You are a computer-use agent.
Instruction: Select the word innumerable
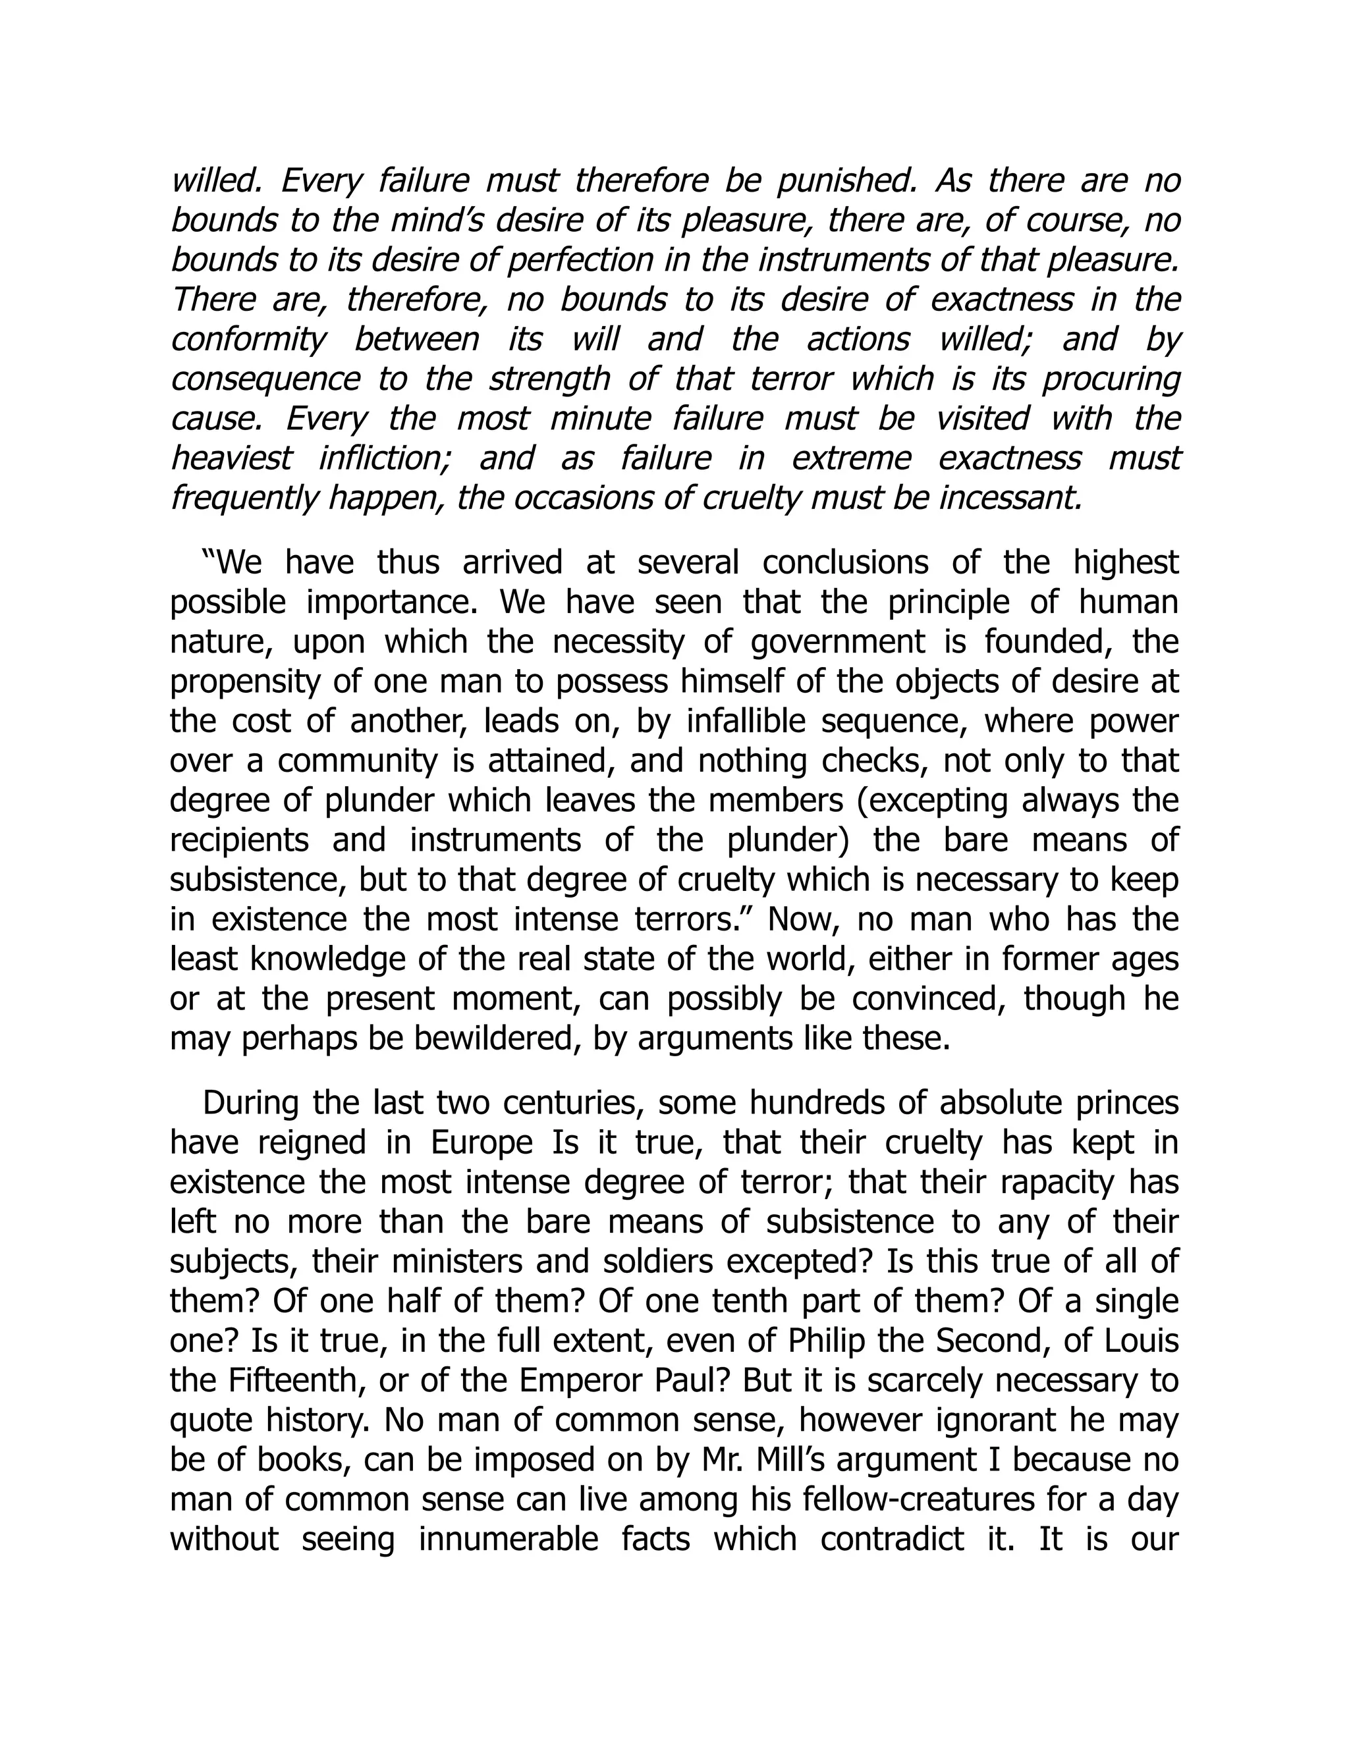pos(509,1540)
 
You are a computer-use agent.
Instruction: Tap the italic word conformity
pos(248,340)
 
